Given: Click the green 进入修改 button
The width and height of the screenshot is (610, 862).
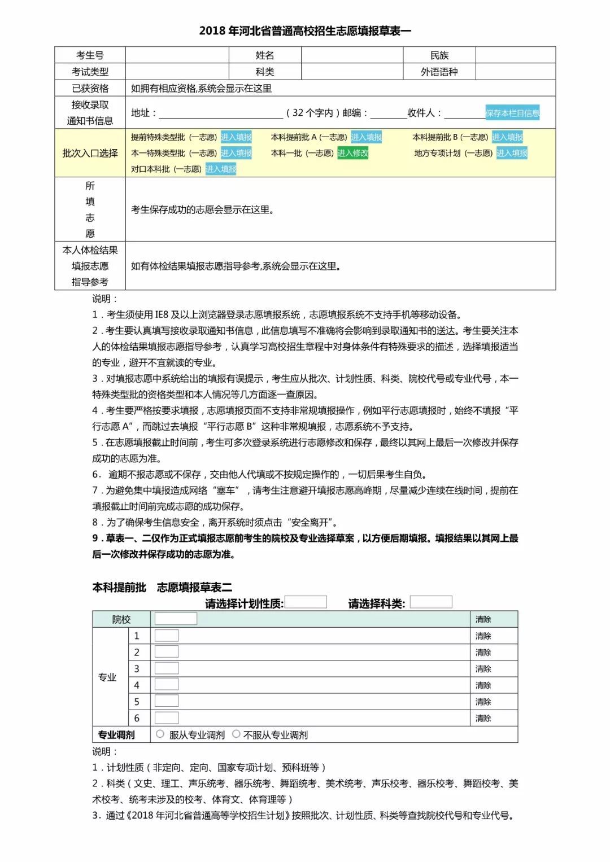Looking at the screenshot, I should (352, 153).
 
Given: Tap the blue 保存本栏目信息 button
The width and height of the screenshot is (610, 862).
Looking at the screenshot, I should (512, 113).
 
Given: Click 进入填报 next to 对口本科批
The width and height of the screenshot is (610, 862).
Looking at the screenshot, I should (220, 169).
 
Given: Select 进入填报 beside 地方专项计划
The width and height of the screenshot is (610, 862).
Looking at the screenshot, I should (511, 153).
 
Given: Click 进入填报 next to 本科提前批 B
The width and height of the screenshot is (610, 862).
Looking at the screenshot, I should (507, 137).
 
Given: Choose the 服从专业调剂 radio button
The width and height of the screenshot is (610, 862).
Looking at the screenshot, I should (160, 734).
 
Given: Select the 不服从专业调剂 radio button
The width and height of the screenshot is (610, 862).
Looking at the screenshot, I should (236, 734).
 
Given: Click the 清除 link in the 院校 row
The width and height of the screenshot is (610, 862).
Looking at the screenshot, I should (483, 619).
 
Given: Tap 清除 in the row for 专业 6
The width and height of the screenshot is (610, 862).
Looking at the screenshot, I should (483, 718).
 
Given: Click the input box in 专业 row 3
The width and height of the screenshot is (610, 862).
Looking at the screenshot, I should (167, 668).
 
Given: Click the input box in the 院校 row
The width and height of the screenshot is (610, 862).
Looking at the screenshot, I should (176, 619).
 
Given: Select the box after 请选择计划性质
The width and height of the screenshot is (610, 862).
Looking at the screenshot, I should (306, 602).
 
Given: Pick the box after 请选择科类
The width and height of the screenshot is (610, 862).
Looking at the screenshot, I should (430, 602).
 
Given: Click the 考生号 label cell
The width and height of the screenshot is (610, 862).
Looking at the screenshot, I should (90, 55).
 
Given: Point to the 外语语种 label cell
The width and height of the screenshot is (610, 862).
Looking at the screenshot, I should (439, 72).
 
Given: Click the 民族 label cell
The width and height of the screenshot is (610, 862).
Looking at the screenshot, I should (439, 55).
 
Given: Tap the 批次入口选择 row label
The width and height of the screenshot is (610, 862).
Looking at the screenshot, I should (90, 153).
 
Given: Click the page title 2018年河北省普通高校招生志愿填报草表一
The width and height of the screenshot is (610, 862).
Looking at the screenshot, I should (305, 30).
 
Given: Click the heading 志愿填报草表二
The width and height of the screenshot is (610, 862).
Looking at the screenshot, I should (194, 587).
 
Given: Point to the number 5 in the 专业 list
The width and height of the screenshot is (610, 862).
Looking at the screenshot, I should (137, 702).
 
